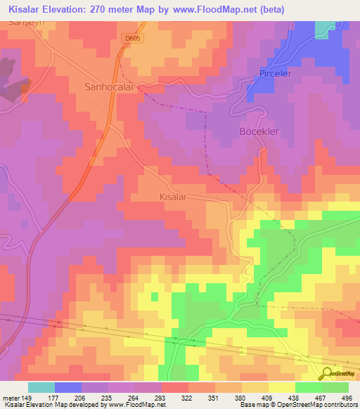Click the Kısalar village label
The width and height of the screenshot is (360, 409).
click(x=172, y=197)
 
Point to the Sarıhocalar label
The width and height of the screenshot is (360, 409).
click(x=109, y=88)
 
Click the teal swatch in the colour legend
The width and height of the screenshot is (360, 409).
click(x=41, y=387)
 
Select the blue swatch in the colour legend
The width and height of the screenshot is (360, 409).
click(x=68, y=387)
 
